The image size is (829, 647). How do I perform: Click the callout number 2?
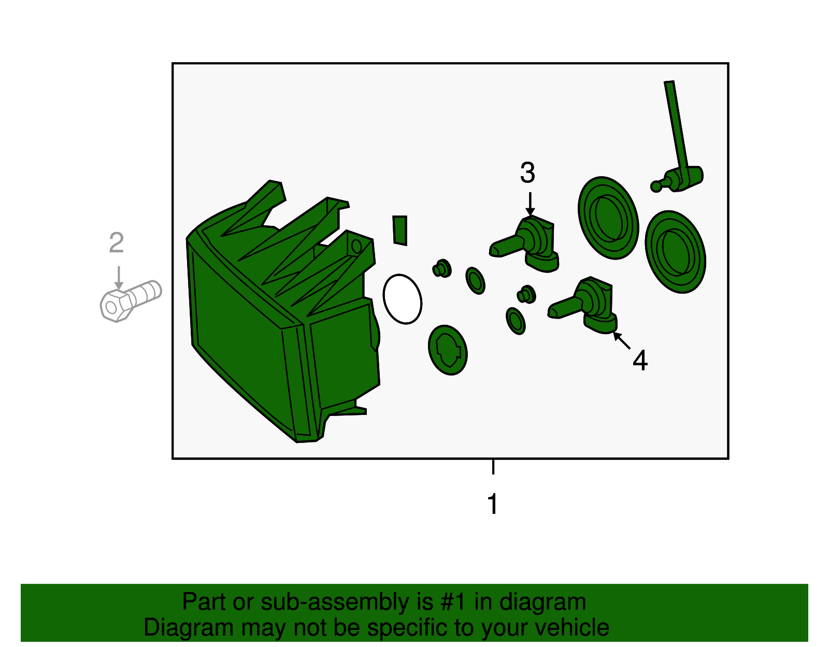pos(117,243)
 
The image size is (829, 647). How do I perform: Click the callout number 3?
pos(527,172)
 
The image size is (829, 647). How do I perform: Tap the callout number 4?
pos(640,361)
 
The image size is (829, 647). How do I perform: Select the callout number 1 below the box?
pos(493,504)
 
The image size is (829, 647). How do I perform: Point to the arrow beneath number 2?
pos(119,278)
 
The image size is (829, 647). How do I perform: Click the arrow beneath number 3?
pos(530,204)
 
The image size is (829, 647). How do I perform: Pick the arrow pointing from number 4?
pos(621,340)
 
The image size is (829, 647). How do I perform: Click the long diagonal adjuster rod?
pos(676,126)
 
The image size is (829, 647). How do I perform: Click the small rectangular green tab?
pos(400,231)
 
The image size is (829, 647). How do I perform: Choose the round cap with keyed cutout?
pos(448,350)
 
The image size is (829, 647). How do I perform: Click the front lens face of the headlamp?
pos(240,336)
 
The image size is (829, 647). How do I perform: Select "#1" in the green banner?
pos(453,602)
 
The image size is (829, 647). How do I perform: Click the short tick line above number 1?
pos(493,467)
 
